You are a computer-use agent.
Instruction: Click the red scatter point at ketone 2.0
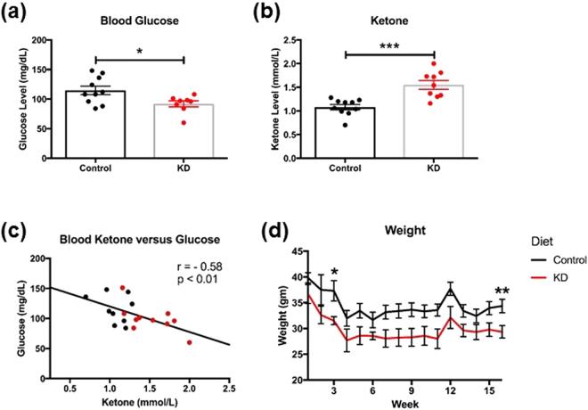click(189, 342)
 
